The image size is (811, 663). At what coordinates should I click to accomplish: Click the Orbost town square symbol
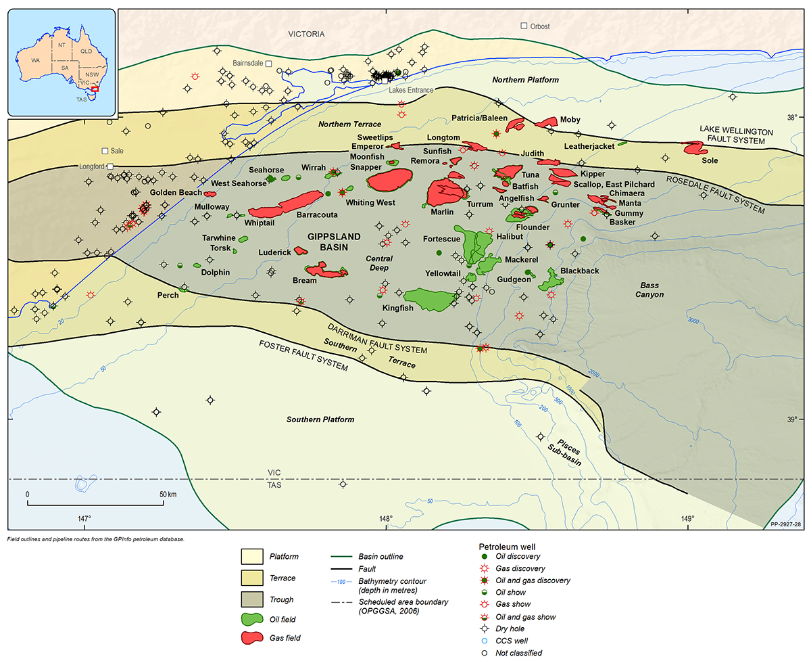point(524,26)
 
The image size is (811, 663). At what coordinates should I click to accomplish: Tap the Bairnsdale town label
point(247,63)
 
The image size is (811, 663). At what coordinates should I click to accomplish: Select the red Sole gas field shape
point(694,147)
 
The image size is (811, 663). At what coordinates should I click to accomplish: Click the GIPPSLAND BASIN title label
point(334,242)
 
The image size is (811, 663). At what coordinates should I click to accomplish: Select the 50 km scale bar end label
point(168,495)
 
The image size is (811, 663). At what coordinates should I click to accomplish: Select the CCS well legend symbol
point(483,641)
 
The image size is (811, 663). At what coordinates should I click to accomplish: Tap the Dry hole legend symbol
point(483,628)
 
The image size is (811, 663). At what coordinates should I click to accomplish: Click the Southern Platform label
point(320,419)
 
